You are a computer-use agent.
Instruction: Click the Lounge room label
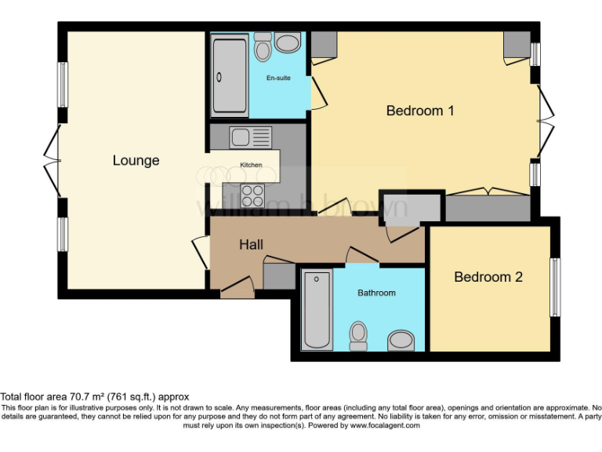[136, 161]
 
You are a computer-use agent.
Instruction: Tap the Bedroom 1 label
[420, 111]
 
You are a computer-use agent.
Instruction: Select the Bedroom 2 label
[488, 277]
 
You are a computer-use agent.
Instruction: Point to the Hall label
[251, 245]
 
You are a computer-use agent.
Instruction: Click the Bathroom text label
[376, 293]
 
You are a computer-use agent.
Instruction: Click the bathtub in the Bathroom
[317, 309]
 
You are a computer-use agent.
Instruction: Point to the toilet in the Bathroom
[359, 335]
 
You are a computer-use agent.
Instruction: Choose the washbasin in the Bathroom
[402, 340]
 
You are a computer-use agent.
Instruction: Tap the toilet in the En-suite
[263, 47]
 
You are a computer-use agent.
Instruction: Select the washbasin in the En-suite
[288, 42]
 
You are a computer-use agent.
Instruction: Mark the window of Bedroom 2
[555, 287]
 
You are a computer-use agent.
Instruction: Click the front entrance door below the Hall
[237, 292]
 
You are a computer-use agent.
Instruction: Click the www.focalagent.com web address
[384, 425]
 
